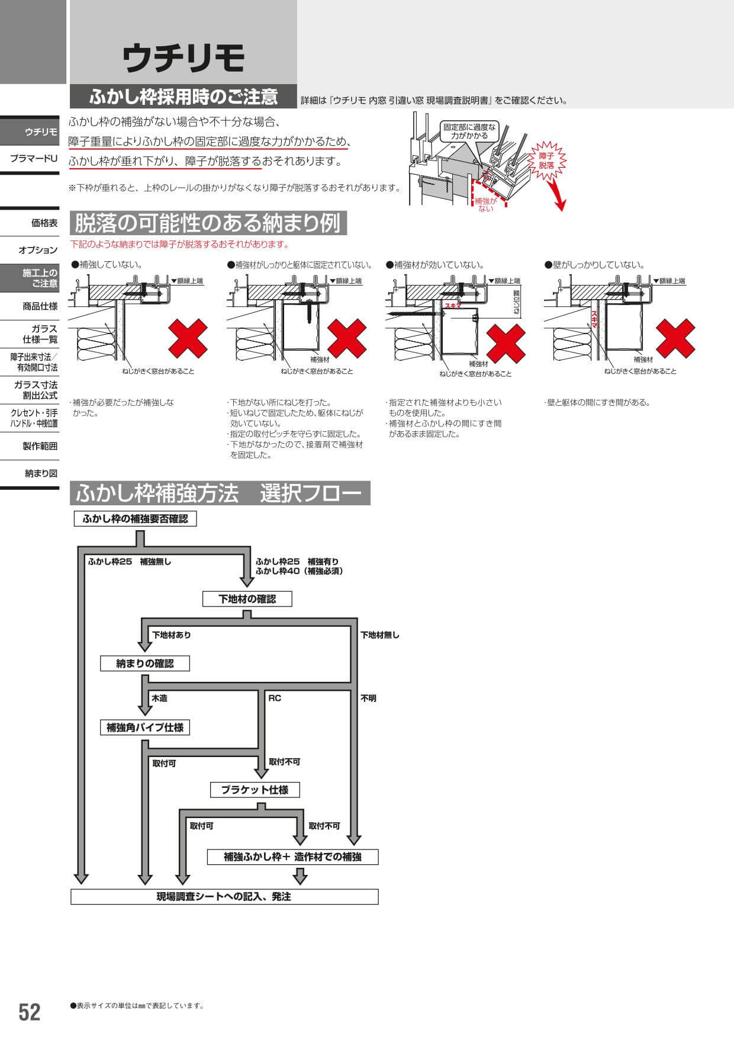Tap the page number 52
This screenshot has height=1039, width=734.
pos(29,1012)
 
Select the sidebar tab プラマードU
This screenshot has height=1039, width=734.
pos(34,159)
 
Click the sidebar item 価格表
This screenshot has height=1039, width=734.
pos(44,223)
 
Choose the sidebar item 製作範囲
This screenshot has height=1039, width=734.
pos(40,446)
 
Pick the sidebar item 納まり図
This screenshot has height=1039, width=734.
pos(41,473)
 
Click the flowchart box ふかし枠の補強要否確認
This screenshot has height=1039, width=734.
pos(135,519)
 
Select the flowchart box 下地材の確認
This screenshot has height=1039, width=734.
pos(247,599)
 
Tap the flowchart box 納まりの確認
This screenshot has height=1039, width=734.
pos(145,663)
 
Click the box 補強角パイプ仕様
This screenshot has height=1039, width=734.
pos(145,727)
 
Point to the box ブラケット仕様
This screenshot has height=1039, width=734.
pos(255,790)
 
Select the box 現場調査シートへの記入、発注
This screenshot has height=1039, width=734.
pos(224,897)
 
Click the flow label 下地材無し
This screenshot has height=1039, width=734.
pos(380,635)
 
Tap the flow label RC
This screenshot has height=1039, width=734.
pos(275,698)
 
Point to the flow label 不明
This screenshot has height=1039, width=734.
pos(368,698)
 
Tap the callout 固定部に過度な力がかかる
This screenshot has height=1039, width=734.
pos(470,132)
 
